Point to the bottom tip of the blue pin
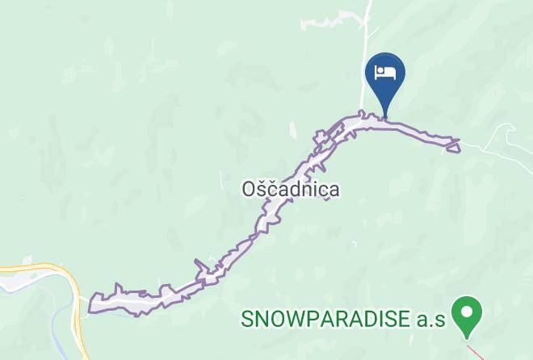[385, 118]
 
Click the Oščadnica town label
[290, 189]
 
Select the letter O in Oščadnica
[250, 189]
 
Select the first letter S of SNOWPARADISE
[247, 319]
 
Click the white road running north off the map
[369, 32]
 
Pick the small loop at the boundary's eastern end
[452, 145]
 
